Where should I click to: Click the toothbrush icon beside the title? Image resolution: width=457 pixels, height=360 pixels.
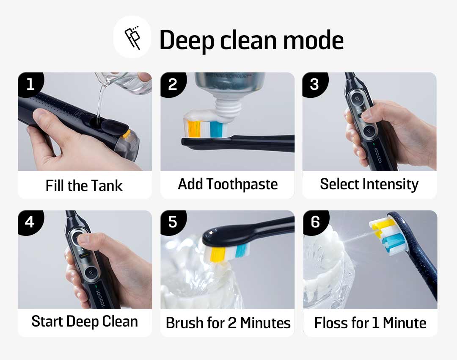point(132,38)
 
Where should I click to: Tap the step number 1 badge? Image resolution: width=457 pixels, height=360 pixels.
point(30,84)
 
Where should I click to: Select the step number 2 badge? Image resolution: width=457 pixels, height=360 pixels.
point(173,84)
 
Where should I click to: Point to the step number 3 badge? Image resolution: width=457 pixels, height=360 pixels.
point(314,84)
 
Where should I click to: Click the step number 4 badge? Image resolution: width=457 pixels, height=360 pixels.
point(30,222)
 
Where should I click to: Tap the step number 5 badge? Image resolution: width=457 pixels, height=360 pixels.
point(173,222)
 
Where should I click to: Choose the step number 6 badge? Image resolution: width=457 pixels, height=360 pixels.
point(315,222)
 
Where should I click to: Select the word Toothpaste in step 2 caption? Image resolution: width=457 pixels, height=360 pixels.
point(242,185)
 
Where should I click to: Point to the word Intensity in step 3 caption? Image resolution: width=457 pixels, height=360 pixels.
point(390,185)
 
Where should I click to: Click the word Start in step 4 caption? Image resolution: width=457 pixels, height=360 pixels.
point(47,321)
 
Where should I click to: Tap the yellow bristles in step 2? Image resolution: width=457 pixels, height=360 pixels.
point(193,129)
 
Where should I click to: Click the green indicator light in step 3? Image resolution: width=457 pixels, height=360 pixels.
point(374,144)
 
